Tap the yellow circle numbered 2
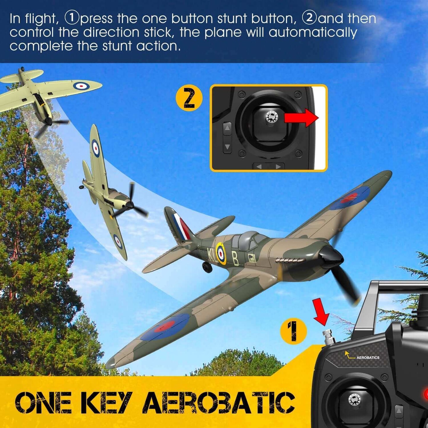(189, 98)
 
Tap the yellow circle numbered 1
(293, 331)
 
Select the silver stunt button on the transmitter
(328, 338)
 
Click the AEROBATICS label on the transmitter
(368, 358)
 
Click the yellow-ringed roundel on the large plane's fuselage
(220, 253)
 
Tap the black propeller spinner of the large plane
(330, 256)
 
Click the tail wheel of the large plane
(208, 267)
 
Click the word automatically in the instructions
(312, 33)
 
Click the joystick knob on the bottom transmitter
(355, 400)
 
